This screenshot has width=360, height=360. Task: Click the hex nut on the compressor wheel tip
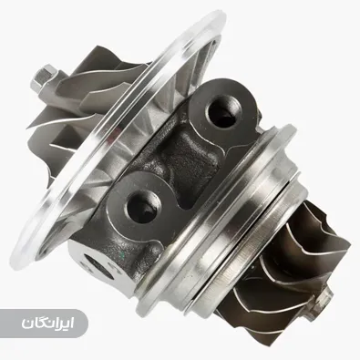[46, 77]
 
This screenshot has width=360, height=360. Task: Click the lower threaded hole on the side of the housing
[143, 206]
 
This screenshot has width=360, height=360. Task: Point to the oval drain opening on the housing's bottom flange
[98, 266]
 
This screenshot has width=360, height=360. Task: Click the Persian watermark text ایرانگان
[47, 324]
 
